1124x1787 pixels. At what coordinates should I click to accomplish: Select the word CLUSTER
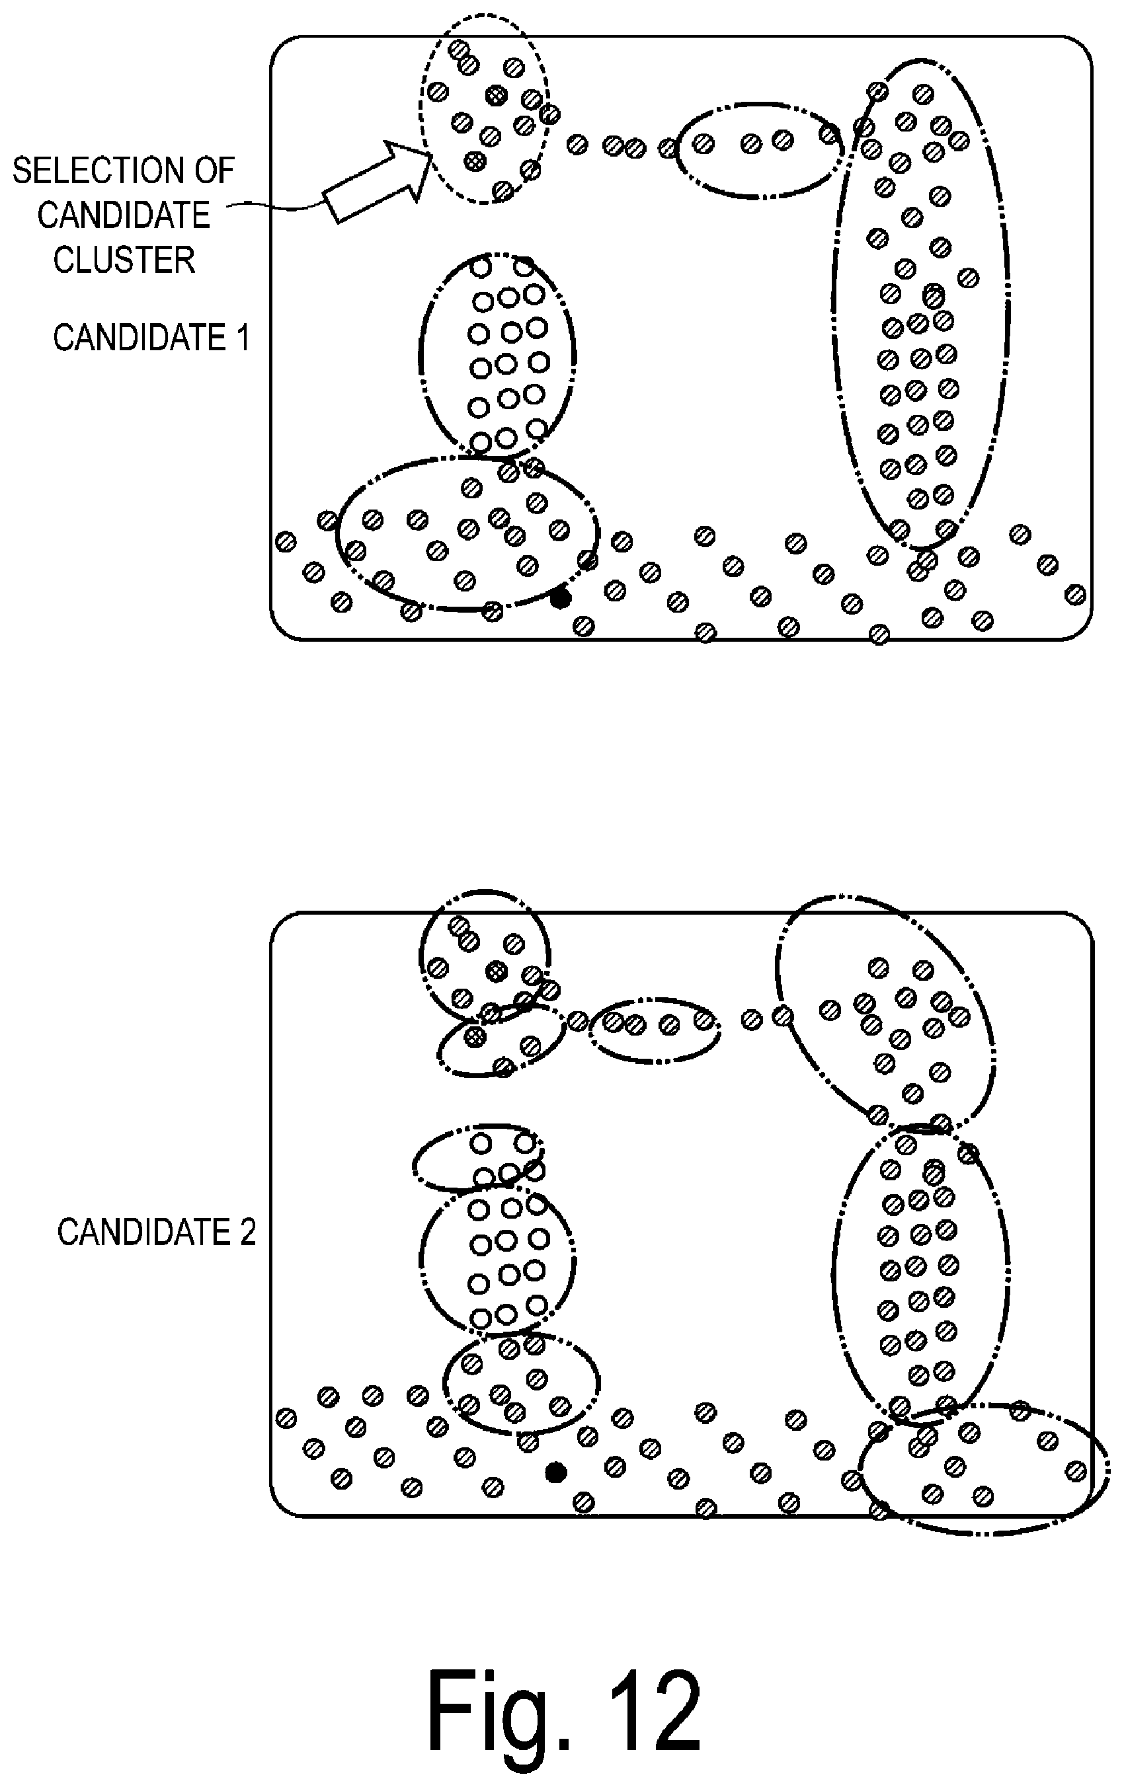coord(124,260)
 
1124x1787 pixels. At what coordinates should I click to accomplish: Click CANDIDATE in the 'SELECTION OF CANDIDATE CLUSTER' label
coord(124,215)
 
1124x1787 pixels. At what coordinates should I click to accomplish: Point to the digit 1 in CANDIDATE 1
coord(242,338)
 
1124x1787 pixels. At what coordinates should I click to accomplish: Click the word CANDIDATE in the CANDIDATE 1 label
coord(140,338)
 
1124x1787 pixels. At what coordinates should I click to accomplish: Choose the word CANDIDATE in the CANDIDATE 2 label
coord(143,1233)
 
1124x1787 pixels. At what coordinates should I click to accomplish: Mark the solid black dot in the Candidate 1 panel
coord(561,597)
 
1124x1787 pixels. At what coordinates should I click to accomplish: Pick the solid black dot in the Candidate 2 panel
coord(555,1472)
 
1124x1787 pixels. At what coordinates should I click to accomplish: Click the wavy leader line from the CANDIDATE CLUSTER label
coord(274,206)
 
